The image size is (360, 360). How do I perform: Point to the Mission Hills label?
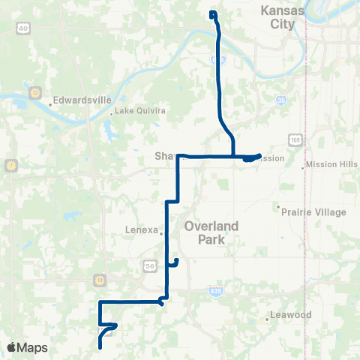point(330,164)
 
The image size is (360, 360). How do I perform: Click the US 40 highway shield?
point(23,28)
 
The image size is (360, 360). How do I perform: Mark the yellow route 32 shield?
point(34,92)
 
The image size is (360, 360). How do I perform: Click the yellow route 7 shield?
point(10,165)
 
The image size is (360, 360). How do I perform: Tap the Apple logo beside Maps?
point(11,347)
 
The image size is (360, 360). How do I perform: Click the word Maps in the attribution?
point(33,347)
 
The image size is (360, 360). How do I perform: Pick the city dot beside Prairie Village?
point(278,208)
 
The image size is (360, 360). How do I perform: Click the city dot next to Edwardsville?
point(50,104)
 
